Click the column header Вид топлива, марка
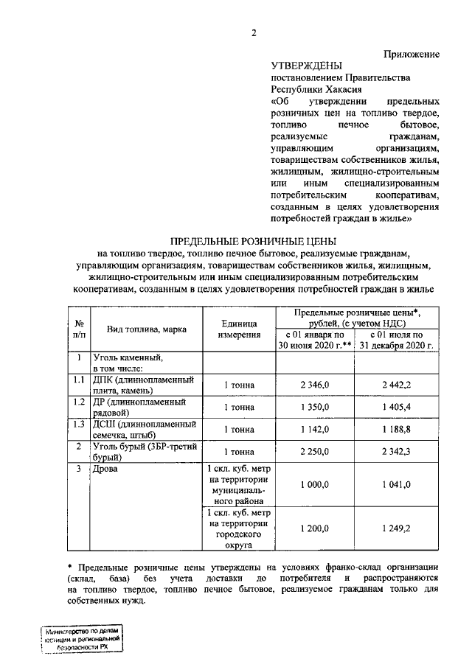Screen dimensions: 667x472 click(x=146, y=329)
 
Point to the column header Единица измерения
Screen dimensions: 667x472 click(x=239, y=329)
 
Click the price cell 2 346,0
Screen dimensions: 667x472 click(x=315, y=385)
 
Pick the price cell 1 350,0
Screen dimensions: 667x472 click(x=315, y=407)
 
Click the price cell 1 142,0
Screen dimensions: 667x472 click(x=315, y=429)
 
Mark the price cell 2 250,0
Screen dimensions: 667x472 click(x=315, y=451)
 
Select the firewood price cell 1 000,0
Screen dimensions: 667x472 click(x=315, y=484)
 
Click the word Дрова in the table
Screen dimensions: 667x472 click(x=105, y=468)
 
